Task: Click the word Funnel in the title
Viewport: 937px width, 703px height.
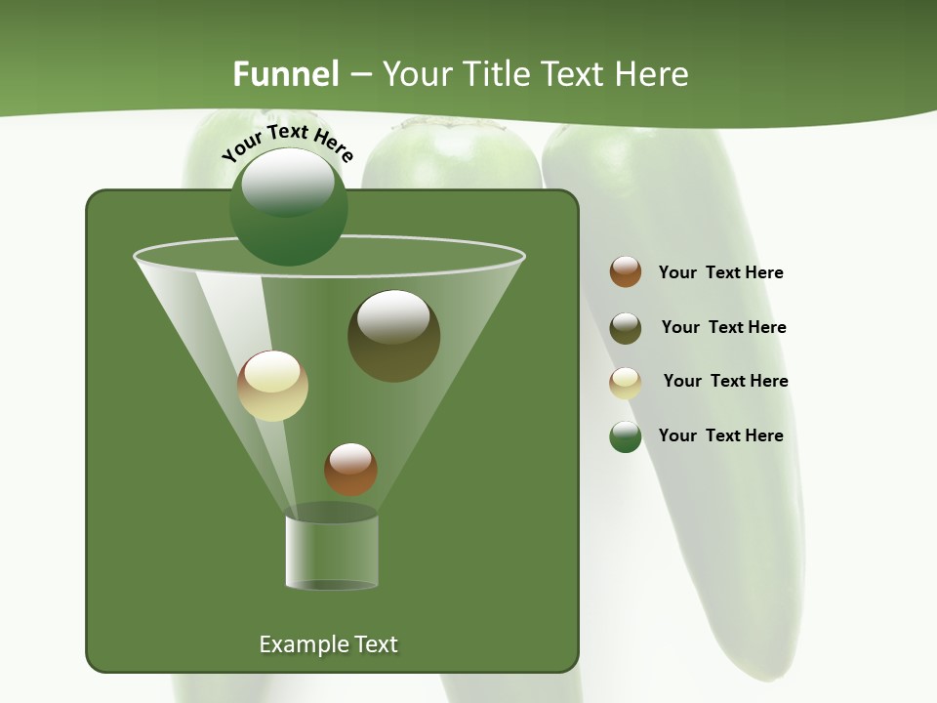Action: [285, 74]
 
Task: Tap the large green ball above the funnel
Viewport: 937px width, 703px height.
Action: [288, 206]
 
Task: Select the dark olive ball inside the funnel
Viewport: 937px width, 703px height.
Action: [393, 335]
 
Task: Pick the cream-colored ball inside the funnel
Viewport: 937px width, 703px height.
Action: [272, 386]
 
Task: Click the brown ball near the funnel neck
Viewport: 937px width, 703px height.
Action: [350, 469]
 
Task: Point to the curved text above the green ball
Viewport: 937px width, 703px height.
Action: [287, 143]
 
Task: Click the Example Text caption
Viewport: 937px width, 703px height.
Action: [328, 644]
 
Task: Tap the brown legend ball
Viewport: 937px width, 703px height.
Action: [626, 272]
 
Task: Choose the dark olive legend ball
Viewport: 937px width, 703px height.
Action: [626, 328]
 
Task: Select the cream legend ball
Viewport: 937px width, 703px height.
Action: [626, 383]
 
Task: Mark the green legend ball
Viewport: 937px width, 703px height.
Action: [626, 436]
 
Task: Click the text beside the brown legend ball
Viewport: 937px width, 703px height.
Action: [720, 273]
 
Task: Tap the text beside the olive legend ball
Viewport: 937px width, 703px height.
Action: [723, 328]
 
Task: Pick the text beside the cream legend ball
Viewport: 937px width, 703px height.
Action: [725, 382]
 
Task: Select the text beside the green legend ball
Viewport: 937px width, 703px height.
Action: [720, 435]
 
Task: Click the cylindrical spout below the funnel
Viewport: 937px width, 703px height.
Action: [331, 552]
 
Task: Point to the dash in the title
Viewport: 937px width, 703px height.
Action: [359, 75]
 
